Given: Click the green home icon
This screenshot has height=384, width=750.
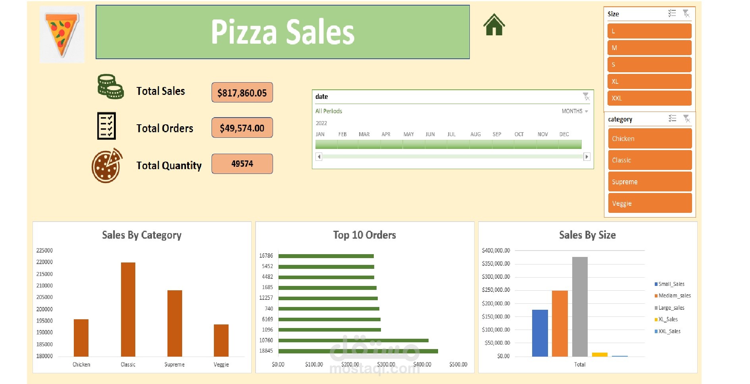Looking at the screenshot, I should [494, 25].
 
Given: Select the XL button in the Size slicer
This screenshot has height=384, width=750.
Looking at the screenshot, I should [649, 81].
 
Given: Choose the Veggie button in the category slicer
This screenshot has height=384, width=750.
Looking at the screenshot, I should [650, 203].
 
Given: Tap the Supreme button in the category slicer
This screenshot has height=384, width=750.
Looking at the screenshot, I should [650, 182].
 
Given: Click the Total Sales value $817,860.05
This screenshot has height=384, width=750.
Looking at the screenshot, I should [242, 93].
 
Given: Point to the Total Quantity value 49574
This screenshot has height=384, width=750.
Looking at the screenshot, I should [242, 164].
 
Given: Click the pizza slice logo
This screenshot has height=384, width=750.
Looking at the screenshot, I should [62, 34].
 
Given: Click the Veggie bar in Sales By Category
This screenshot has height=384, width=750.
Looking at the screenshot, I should [221, 340].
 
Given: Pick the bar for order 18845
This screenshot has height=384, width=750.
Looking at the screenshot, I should [358, 351].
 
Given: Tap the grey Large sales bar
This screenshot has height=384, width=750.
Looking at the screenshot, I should [580, 307].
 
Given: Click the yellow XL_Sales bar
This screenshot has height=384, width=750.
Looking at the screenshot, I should [600, 354].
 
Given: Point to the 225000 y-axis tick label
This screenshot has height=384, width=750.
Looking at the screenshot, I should [44, 251].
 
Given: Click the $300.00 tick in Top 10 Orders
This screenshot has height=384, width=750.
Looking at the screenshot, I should [386, 364].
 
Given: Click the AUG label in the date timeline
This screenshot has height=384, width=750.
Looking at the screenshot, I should [475, 134].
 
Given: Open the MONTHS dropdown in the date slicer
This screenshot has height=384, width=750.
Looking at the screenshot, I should [575, 111].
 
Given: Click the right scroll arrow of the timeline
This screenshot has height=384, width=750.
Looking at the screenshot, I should [587, 156].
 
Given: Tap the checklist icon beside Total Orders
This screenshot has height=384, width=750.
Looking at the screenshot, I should [106, 126].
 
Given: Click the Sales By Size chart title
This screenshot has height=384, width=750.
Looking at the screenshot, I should [587, 235].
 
